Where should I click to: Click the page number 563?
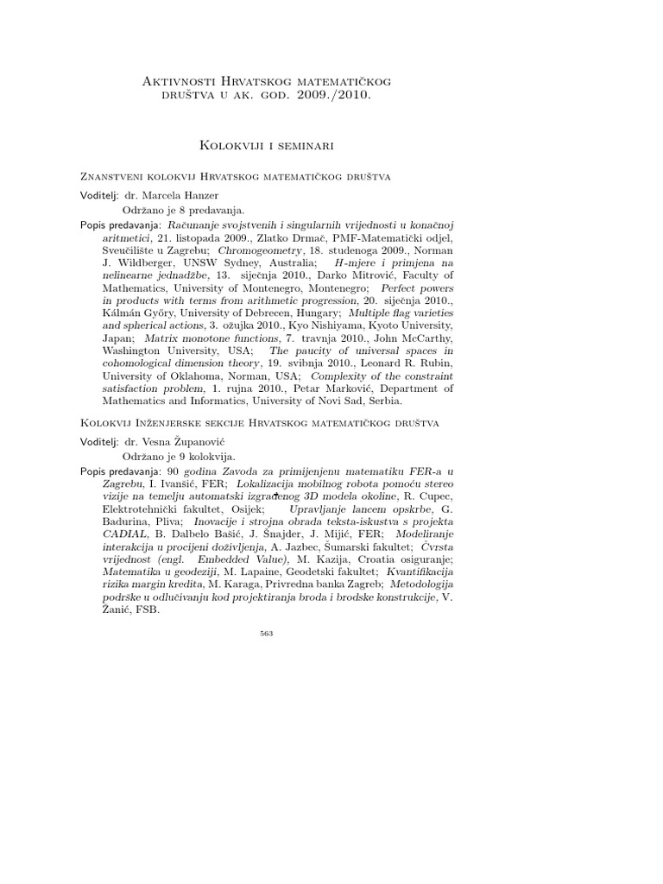coord(266,634)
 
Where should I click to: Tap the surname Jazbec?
coord(311,546)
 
